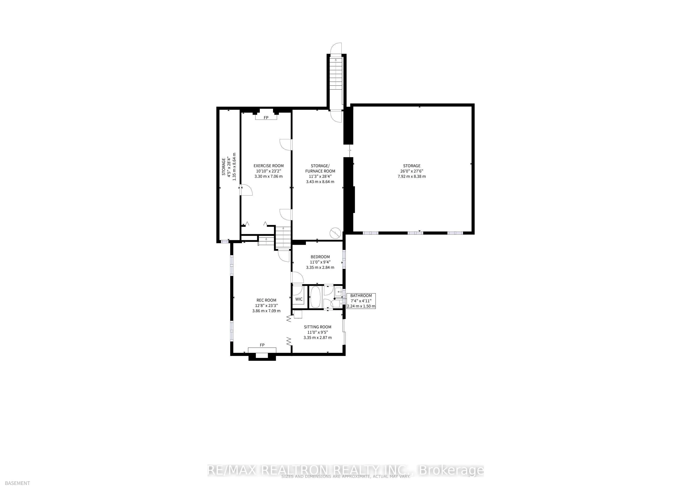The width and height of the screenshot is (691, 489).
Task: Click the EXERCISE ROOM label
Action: coord(268,166)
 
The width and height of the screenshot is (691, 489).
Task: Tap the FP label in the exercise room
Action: coord(266,118)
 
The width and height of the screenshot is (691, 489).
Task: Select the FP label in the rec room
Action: coord(262,345)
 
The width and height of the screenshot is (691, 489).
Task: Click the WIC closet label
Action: coord(299,299)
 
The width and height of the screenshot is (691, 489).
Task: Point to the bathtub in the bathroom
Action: coord(316,297)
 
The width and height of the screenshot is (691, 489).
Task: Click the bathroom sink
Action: coord(339,292)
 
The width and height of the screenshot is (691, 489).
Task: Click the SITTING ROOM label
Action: coord(318,327)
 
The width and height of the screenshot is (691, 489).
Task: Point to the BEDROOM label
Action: coord(320,257)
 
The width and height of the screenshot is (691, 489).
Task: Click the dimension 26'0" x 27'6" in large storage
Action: coord(412,171)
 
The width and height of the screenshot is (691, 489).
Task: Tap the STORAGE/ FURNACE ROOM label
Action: coord(320,168)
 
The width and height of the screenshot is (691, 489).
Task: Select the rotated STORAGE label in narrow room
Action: coord(224,166)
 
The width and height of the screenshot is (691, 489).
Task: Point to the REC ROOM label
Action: coord(266,300)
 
